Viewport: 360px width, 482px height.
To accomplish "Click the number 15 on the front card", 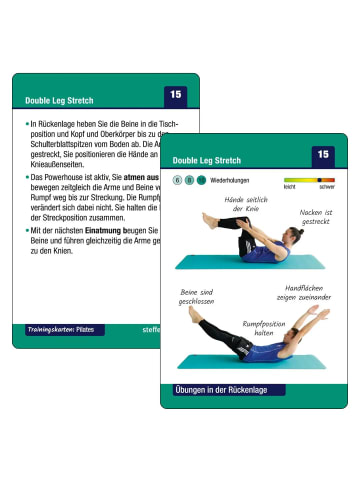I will (322, 155).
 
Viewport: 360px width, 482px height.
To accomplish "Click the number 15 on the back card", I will (176, 94).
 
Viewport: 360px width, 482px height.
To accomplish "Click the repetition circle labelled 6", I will (177, 180).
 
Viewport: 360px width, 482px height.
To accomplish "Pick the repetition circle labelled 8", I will (188, 180).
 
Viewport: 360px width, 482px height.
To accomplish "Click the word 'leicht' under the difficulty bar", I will (289, 187).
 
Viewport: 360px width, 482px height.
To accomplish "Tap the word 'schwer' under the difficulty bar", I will (326, 187).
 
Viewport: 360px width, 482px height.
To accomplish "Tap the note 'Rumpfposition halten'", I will (264, 329).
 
